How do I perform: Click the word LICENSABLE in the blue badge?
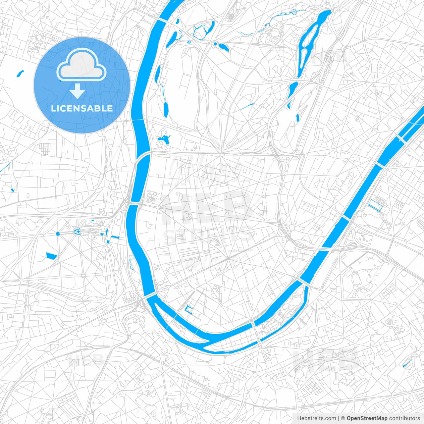(82, 108)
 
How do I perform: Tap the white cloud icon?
(81, 65)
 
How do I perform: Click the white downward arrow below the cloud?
(77, 91)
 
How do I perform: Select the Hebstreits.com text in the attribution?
(316, 418)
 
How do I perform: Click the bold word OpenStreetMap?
(367, 418)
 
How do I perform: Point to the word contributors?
(404, 418)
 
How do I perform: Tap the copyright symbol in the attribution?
(343, 418)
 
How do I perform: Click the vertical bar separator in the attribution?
(339, 418)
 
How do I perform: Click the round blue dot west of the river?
(58, 234)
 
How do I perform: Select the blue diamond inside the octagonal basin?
(78, 232)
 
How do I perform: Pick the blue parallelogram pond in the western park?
(51, 255)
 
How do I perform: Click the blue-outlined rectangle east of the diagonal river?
(375, 205)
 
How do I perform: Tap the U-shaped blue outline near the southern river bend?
(188, 310)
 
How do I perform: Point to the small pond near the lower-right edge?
(406, 363)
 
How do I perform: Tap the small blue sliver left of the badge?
(20, 73)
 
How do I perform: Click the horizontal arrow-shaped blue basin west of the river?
(115, 237)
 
